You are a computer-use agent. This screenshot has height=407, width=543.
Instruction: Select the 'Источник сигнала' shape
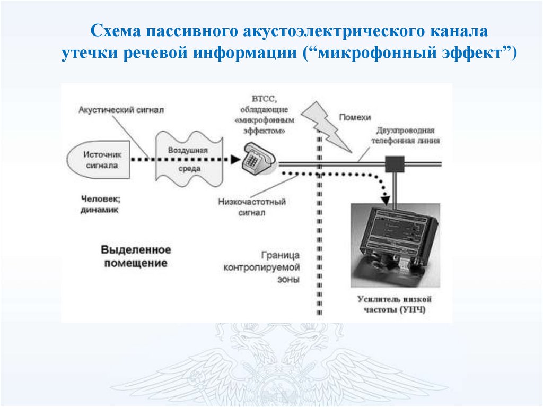[x=98, y=160]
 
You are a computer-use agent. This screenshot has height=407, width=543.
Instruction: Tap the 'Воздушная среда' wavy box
[x=189, y=159]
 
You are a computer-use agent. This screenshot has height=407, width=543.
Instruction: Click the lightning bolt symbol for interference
[x=326, y=126]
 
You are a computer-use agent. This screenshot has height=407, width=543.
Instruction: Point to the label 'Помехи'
[x=355, y=117]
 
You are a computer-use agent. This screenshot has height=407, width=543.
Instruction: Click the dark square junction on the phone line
[x=395, y=164]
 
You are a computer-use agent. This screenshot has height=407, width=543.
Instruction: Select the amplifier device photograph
[x=395, y=245]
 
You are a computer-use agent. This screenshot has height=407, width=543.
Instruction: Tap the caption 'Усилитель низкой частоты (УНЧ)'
[x=395, y=304]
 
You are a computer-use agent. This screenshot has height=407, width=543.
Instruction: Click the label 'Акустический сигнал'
[x=121, y=110]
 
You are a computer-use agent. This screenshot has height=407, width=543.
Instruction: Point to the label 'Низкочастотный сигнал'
[x=252, y=207]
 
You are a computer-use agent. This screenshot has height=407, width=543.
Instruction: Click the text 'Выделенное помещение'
[x=136, y=256]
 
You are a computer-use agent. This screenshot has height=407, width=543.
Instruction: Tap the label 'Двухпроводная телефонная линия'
[x=405, y=135]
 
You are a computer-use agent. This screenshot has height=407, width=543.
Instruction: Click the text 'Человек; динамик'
[x=100, y=204]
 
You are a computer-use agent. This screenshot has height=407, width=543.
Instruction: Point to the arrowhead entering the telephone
[x=235, y=160]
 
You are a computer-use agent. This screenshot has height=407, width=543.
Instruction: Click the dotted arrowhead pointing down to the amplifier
[x=385, y=200]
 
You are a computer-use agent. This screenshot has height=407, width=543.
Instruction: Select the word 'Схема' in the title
[x=116, y=30]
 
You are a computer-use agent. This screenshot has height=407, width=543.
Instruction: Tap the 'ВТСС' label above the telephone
[x=264, y=99]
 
